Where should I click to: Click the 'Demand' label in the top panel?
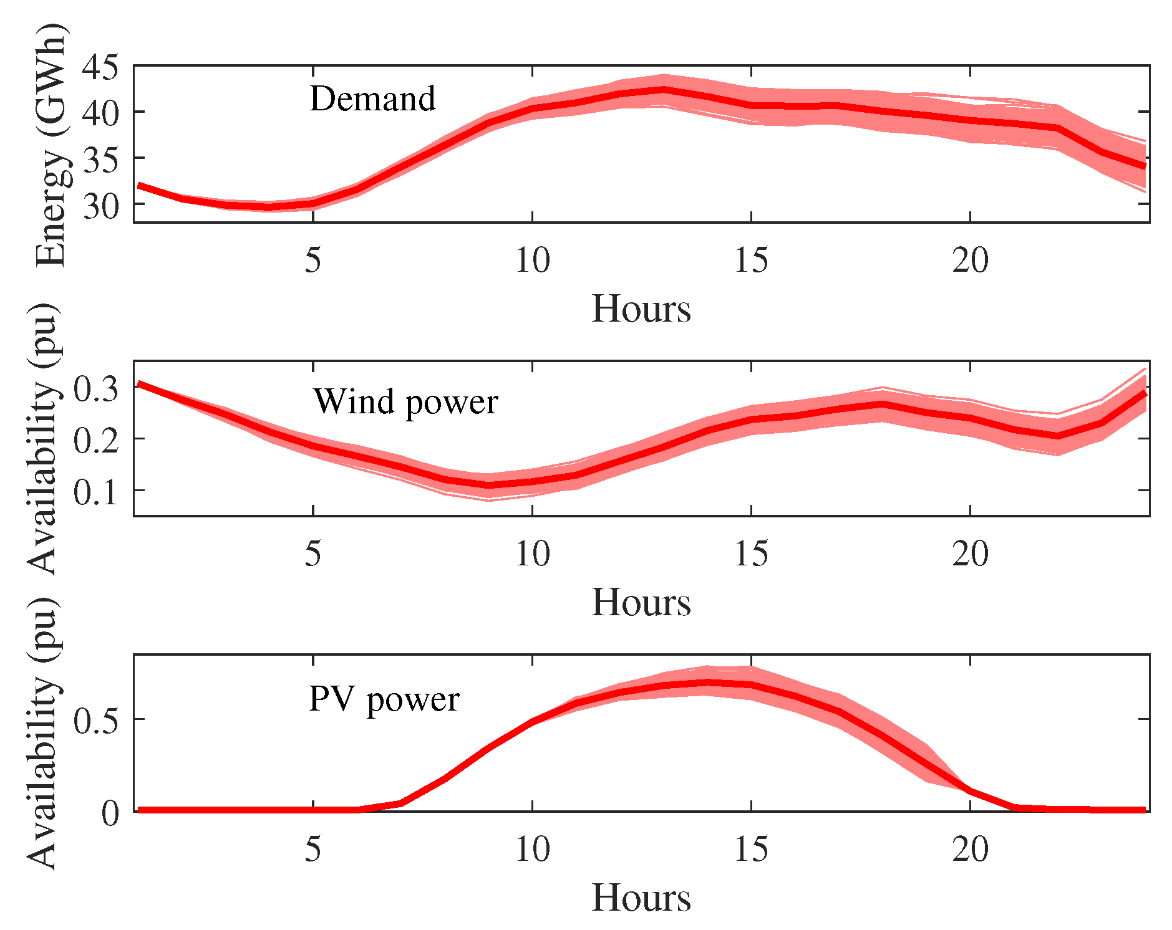click(x=372, y=99)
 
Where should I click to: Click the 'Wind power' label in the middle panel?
click(x=405, y=402)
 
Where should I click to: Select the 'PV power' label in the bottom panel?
click(x=384, y=699)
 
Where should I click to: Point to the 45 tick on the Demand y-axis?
click(x=99, y=67)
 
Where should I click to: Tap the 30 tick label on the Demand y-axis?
click(x=99, y=206)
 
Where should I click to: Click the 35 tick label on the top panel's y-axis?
click(x=99, y=160)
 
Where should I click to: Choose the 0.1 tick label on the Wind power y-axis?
click(x=95, y=492)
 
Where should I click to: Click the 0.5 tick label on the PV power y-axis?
click(x=95, y=721)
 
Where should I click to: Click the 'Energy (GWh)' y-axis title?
click(x=50, y=145)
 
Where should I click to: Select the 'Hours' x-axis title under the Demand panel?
click(x=641, y=309)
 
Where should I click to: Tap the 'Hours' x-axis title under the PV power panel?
click(x=641, y=898)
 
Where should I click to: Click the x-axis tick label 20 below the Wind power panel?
click(x=970, y=554)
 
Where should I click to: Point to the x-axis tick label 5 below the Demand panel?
click(x=312, y=260)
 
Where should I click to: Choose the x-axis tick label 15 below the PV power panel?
click(x=751, y=849)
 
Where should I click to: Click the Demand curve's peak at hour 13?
click(x=664, y=90)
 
